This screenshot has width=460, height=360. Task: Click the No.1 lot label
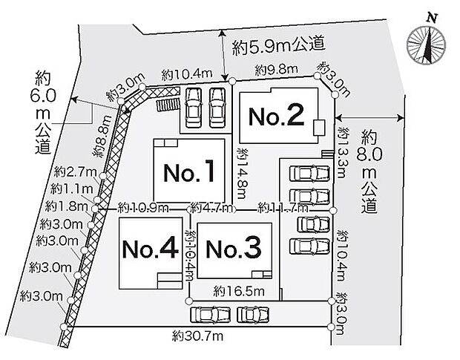[188, 174]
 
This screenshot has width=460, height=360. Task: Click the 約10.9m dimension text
[143, 207]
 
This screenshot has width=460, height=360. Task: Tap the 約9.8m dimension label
[276, 70]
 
